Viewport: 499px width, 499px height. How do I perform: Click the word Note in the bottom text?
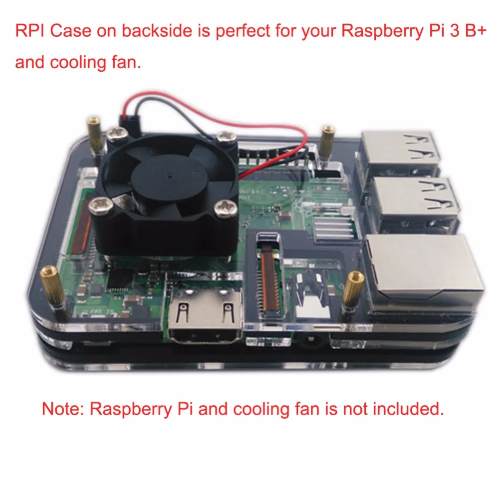62,409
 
